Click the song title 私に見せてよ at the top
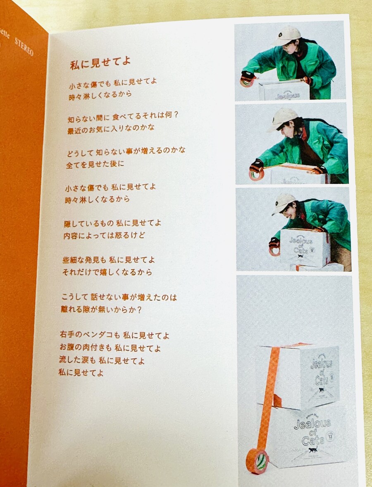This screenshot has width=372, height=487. point(100,62)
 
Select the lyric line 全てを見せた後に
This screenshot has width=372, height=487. point(95,164)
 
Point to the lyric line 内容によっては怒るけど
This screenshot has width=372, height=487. point(105,236)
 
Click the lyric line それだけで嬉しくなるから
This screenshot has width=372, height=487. point(107,272)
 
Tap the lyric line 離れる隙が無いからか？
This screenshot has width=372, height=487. point(102,309)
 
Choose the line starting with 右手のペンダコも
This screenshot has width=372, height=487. point(114,334)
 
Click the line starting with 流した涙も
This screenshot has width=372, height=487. point(101,360)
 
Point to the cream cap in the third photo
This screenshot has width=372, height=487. point(284,202)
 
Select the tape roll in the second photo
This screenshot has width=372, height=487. point(257,174)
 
